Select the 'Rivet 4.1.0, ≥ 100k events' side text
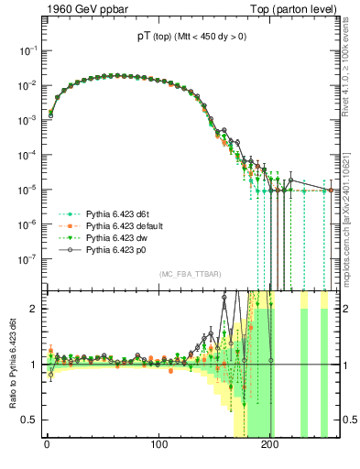(x=349, y=73)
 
